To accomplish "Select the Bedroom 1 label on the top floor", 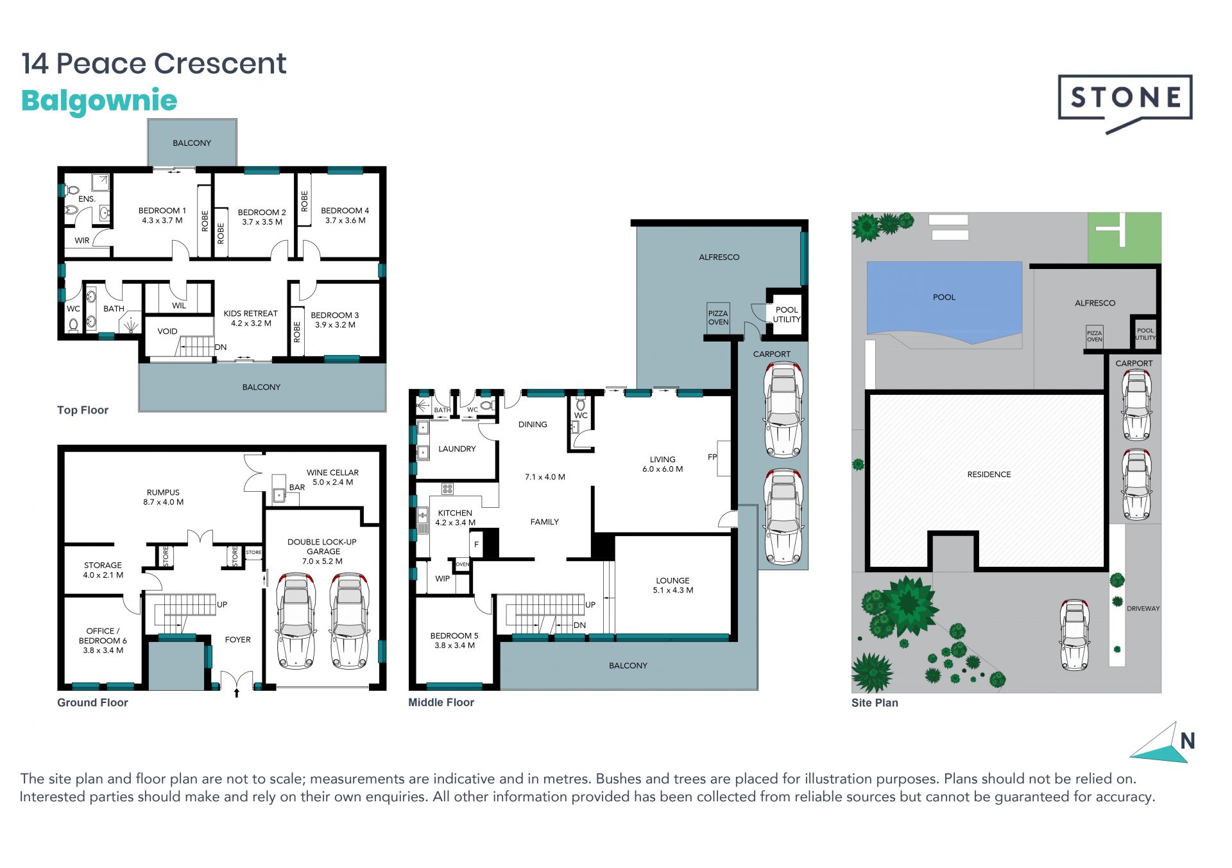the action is pos(162,215).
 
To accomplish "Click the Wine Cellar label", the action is pos(332,477).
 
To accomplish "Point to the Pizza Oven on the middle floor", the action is pos(718,317).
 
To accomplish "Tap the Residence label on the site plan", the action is pos(989,474).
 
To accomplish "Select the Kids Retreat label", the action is pos(250,318).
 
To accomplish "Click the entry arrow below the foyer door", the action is pos(237,693).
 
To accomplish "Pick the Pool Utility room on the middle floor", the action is pos(786,314).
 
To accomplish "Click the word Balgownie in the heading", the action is pos(99,101).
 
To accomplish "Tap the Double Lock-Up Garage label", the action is pos(323,551).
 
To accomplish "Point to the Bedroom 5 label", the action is pos(454,640).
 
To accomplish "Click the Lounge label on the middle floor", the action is pos(673,585).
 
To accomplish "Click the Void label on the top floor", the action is pos(167,331).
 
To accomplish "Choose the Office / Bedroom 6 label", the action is pos(103,641).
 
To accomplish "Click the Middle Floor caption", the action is pos(441,702).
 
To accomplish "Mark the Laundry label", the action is pos(457,449).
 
